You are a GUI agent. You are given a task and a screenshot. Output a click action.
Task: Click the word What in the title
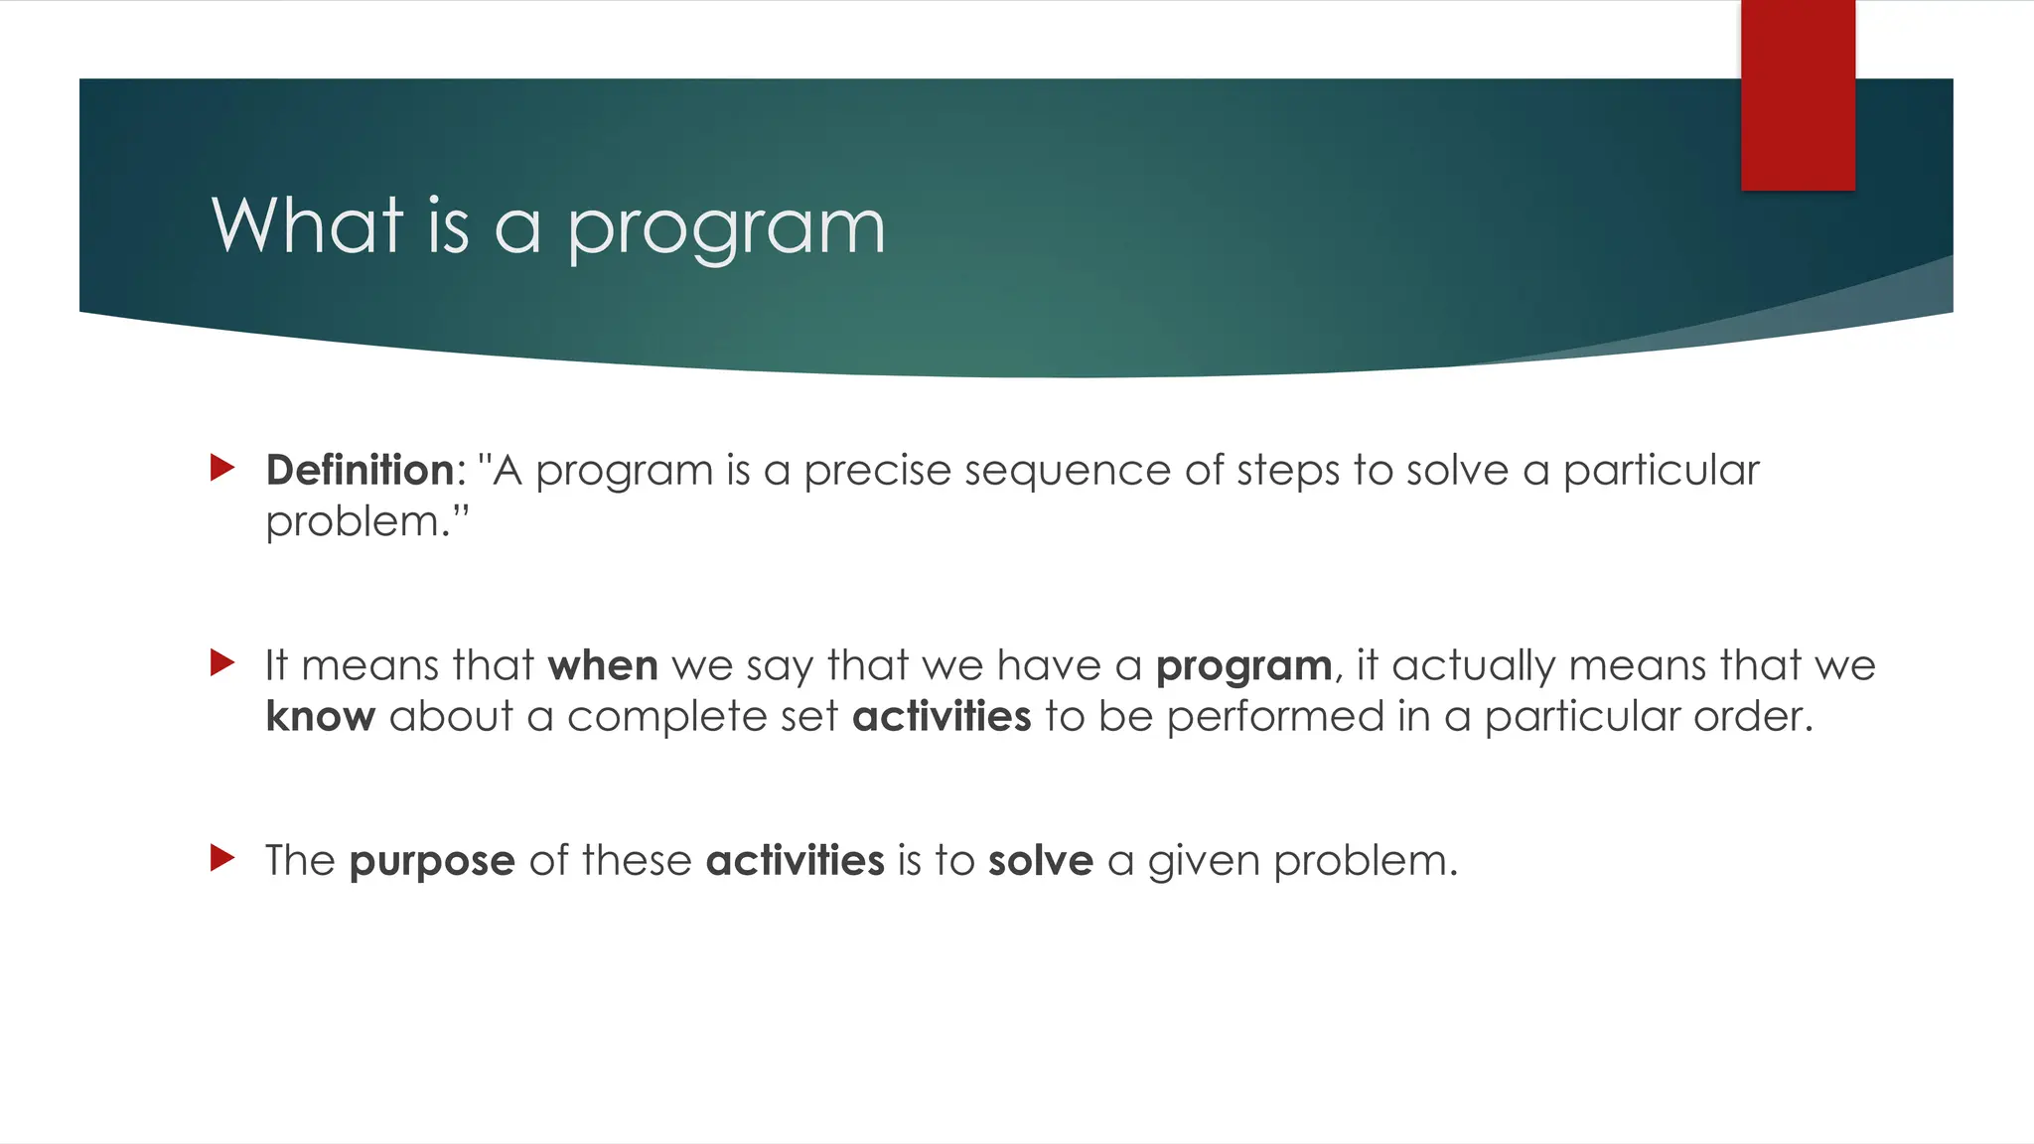pos(307,225)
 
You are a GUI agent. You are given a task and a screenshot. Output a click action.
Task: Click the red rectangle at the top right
pos(1798,94)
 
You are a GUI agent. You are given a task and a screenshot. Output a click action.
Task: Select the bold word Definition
pos(360,470)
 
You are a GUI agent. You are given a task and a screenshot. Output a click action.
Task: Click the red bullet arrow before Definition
pos(222,468)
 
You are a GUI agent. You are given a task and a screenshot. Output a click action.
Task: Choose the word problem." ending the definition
pos(366,522)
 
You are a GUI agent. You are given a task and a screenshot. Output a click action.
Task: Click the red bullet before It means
pos(222,662)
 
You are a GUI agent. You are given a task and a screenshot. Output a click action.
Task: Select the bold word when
pos(603,665)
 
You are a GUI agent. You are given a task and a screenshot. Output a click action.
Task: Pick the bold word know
pos(320,716)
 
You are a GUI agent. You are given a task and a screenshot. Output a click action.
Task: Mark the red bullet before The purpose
pos(222,857)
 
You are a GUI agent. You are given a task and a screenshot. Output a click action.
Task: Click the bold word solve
pos(1040,860)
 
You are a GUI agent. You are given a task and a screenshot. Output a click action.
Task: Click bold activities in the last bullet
pos(795,860)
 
